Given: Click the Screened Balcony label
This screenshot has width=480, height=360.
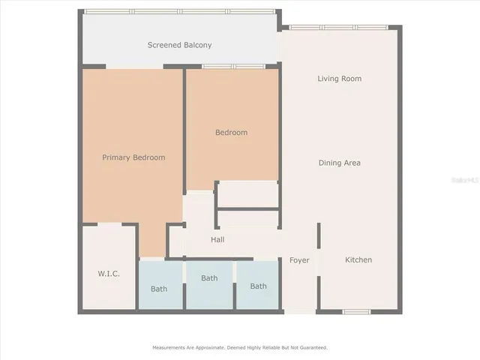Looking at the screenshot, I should click(179, 45).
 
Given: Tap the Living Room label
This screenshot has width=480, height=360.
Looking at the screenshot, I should click(339, 79).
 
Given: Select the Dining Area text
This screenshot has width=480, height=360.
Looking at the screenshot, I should click(340, 163).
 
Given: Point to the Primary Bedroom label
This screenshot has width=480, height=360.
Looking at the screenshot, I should click(133, 157).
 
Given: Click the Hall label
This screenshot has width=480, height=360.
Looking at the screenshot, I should click(217, 240).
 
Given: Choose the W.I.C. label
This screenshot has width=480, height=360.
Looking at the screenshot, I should click(109, 274).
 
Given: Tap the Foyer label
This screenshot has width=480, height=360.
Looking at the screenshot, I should click(299, 260).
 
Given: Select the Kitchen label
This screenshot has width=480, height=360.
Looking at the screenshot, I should click(358, 260).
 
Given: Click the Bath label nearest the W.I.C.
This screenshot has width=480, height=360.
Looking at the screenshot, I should click(159, 289).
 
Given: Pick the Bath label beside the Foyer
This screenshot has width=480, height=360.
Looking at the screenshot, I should click(258, 286).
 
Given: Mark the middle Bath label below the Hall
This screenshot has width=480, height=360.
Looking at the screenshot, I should click(209, 278).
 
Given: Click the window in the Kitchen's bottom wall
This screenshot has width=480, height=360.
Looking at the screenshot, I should click(355, 311).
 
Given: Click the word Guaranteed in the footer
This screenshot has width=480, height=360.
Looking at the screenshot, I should click(313, 348).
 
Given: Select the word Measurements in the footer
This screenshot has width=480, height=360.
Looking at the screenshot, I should click(169, 348).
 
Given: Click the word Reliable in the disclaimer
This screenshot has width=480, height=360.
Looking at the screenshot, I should click(262, 348).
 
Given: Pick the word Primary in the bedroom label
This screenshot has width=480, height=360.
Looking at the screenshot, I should click(117, 157).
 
